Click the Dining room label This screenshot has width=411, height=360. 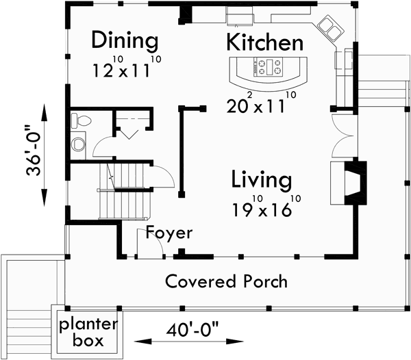click(x=125, y=40)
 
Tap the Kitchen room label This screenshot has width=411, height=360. click(x=264, y=42)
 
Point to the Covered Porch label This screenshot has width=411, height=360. click(x=226, y=281)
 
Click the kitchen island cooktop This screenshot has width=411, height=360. click(x=266, y=67)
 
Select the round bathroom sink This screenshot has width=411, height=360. click(x=77, y=145)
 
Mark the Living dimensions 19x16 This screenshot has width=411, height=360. click(x=261, y=208)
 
